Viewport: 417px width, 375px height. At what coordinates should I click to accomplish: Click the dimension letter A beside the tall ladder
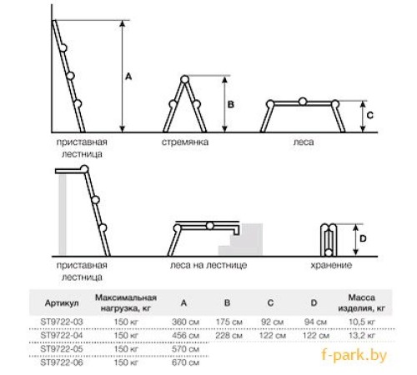[x=128, y=77]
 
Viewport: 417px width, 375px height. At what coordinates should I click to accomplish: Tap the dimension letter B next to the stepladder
[x=231, y=104]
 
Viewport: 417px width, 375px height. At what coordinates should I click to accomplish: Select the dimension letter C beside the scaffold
[x=370, y=115]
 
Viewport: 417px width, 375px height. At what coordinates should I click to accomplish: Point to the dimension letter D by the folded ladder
[x=363, y=238]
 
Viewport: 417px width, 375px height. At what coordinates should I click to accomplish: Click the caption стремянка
[x=185, y=142]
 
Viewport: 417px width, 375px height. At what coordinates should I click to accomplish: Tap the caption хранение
[x=331, y=265]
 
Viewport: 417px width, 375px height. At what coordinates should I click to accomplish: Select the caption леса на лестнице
[x=208, y=265]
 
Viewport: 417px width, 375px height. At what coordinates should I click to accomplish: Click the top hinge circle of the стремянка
[x=184, y=80]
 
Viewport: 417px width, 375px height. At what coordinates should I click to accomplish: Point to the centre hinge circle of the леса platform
[x=303, y=102]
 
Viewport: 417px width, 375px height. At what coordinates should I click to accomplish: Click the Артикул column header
[x=62, y=303]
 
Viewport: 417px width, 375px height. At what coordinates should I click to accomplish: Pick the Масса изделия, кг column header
[x=362, y=302]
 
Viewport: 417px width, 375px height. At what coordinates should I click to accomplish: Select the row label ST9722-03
[x=62, y=322]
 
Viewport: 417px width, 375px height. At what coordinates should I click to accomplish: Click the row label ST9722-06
[x=62, y=362]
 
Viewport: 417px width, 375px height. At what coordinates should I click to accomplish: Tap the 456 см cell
[x=185, y=336]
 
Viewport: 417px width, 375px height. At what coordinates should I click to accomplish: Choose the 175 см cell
[x=229, y=322]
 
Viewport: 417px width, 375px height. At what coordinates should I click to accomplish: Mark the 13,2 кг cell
[x=362, y=336]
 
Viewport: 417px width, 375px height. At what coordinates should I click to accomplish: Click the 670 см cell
[x=185, y=362]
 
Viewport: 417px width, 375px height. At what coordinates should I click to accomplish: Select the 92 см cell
[x=273, y=322]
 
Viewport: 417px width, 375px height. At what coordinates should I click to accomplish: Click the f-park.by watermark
[x=354, y=355]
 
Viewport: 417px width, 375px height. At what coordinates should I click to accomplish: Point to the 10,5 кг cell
[x=362, y=322]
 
